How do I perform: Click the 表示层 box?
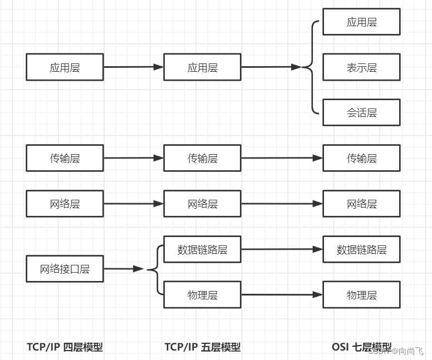[361, 67]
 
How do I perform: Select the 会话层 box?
[361, 112]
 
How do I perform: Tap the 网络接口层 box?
[65, 269]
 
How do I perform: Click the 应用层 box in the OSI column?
[361, 22]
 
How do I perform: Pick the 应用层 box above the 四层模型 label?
[65, 67]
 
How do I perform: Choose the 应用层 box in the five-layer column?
[203, 67]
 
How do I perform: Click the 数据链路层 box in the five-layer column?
[203, 249]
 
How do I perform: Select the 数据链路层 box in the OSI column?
[361, 249]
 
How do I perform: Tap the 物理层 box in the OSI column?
[361, 295]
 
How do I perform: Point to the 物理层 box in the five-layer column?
[203, 295]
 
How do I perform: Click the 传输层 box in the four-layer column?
[65, 158]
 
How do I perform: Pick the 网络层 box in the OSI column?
[361, 204]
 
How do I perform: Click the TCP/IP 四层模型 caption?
[65, 347]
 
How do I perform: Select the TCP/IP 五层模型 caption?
[203, 347]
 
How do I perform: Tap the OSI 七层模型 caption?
[361, 347]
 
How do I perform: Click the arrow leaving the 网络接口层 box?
[124, 269]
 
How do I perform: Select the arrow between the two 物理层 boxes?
[282, 295]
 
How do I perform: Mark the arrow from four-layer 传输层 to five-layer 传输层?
[134, 158]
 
